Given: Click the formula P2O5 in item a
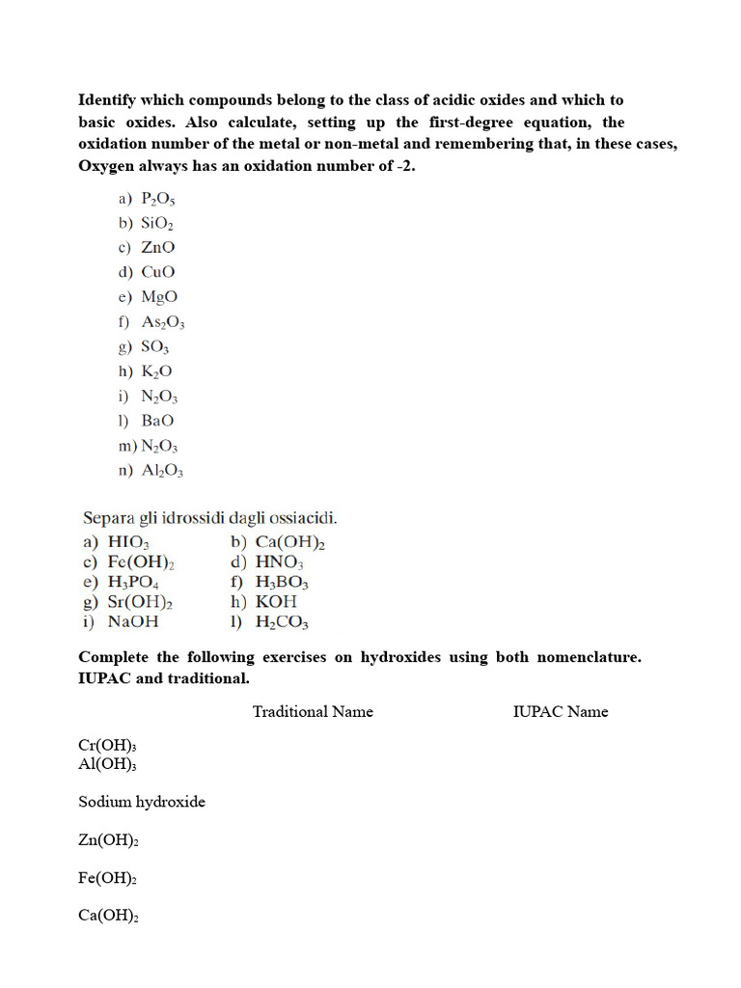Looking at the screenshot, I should (x=158, y=199).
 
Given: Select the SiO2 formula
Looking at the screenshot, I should (x=158, y=223).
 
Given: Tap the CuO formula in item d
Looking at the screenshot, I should (x=158, y=272).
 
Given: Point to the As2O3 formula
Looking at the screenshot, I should (x=162, y=322).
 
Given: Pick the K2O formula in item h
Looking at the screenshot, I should (x=157, y=371).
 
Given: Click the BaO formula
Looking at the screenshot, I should (x=158, y=421).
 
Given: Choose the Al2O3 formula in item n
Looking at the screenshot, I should (x=162, y=471).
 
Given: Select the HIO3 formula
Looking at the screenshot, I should (x=129, y=543).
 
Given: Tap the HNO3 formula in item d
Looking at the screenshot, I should (x=280, y=563).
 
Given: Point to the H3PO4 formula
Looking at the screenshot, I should (x=134, y=583).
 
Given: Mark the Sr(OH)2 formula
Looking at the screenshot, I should (x=141, y=603).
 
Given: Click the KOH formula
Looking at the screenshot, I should (x=276, y=602).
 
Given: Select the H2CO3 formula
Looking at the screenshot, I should (x=282, y=622).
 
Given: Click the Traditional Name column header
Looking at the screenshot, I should (x=313, y=711).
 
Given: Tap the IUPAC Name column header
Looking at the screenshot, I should (x=561, y=711).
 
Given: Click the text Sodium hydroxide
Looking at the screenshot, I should (x=142, y=802).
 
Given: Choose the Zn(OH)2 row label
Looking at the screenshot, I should (x=109, y=840).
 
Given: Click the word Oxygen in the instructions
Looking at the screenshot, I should (x=107, y=165).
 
